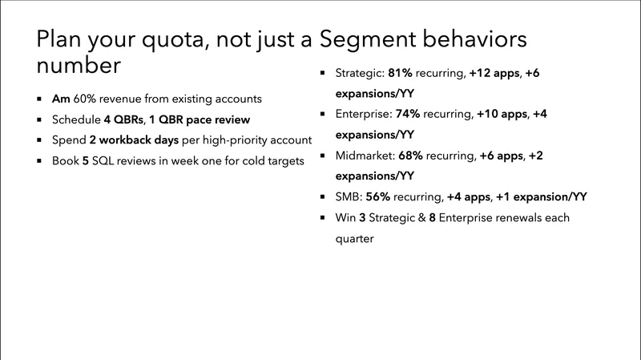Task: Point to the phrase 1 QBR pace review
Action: [200, 119]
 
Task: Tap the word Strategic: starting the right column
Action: [360, 74]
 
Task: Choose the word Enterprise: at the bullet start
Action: [363, 115]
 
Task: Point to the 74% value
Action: [409, 115]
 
